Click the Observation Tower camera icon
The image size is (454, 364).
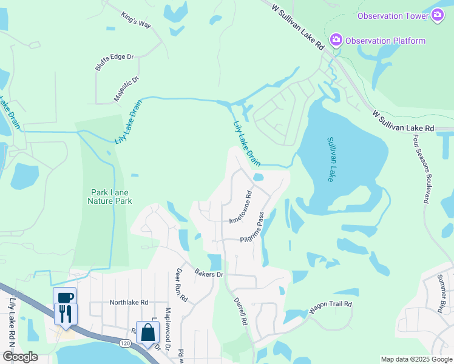click(x=438, y=16)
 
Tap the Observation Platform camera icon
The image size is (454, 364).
click(x=335, y=41)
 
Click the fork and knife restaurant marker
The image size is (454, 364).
click(x=65, y=314)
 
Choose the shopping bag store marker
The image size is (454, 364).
click(x=147, y=332)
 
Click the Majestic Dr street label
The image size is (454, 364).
click(x=126, y=89)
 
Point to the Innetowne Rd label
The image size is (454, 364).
click(x=240, y=207)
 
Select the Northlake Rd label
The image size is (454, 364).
click(x=129, y=302)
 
